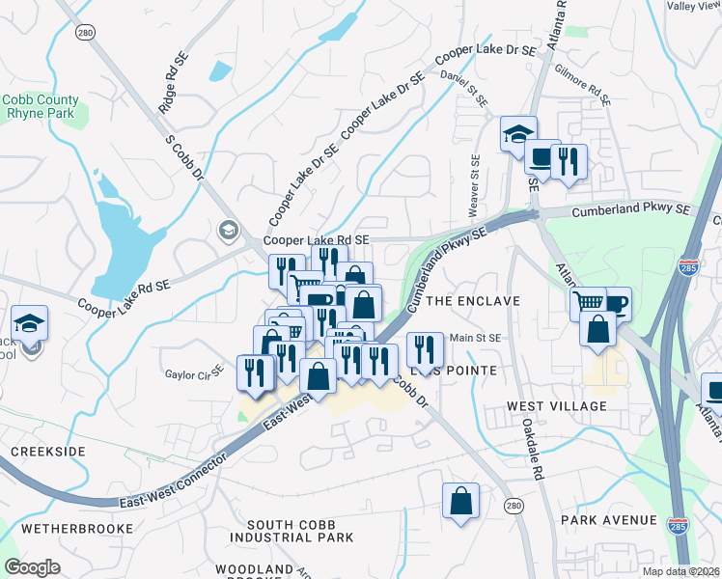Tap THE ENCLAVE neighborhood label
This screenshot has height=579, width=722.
click(473, 301)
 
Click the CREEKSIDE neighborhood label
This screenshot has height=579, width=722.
click(48, 452)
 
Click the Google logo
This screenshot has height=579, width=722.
click(32, 567)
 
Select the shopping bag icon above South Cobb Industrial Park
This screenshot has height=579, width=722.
click(461, 501)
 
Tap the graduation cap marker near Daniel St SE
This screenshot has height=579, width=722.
click(518, 133)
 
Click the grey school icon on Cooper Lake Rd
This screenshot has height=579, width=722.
click(229, 230)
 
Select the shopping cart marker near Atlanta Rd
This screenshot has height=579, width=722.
click(587, 303)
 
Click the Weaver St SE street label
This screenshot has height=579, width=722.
click(474, 184)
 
